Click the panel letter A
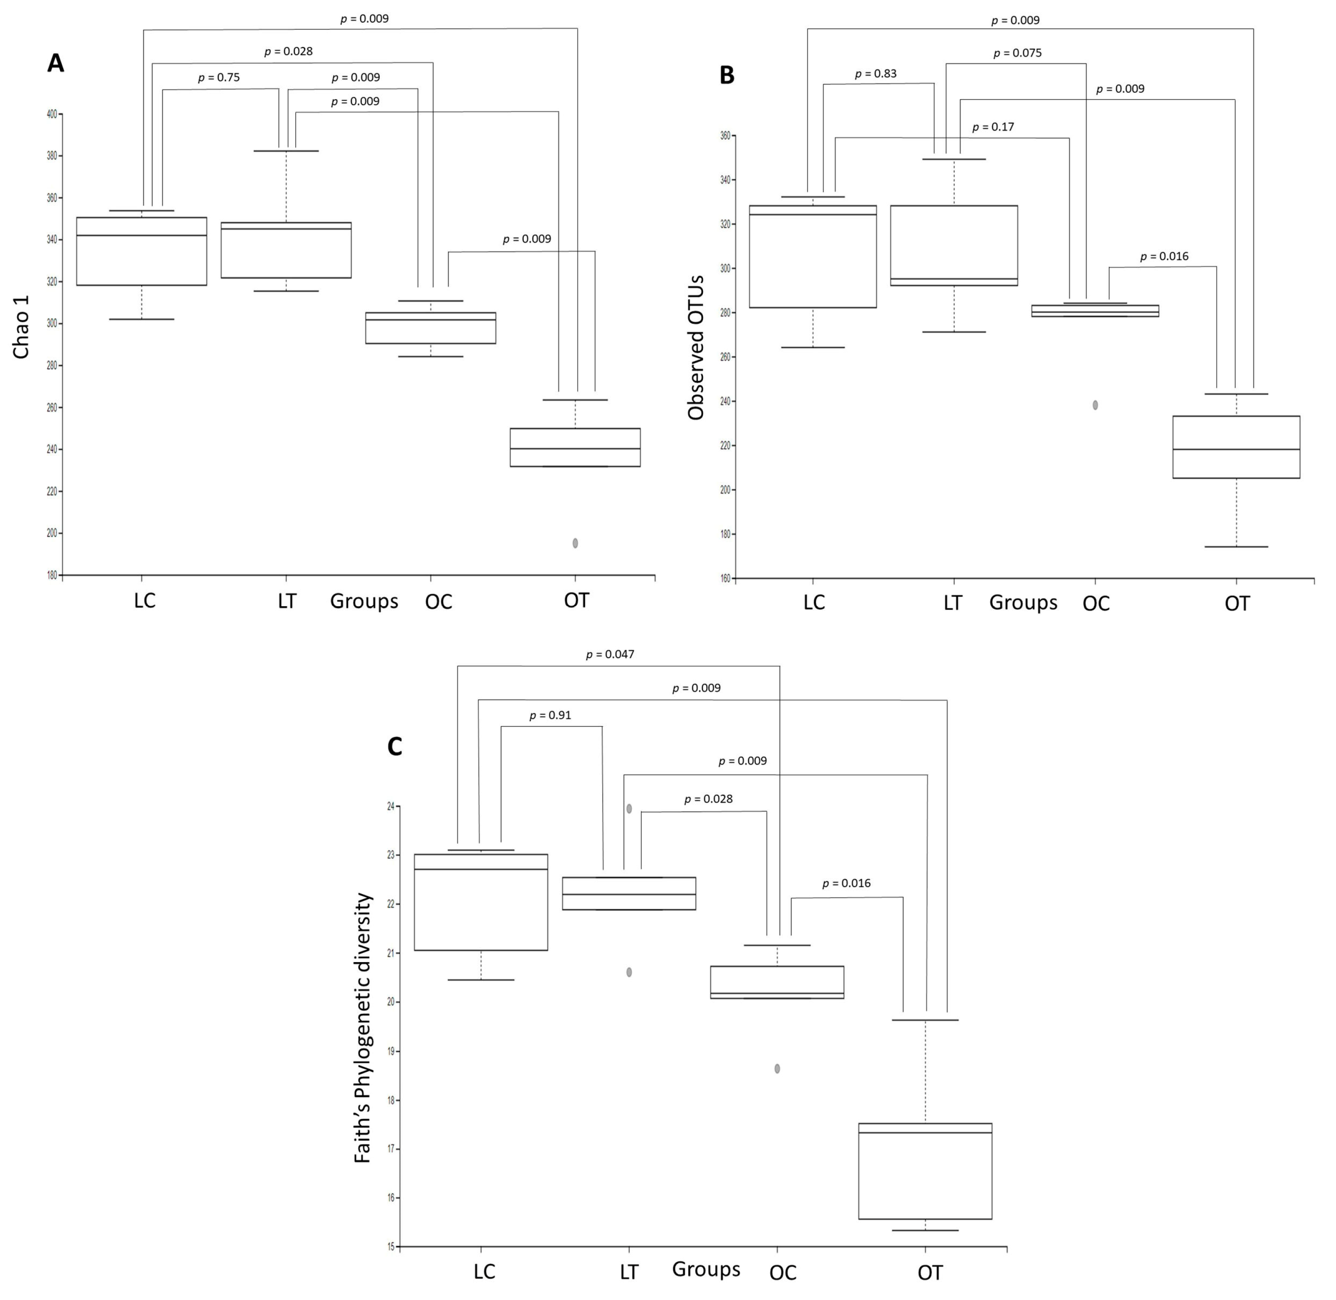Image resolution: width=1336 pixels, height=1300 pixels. (x=55, y=63)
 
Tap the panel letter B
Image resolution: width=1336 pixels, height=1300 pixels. (x=727, y=75)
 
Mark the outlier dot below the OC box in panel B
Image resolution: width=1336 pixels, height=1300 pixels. (x=1095, y=405)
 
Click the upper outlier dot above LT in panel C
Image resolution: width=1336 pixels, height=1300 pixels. (x=629, y=808)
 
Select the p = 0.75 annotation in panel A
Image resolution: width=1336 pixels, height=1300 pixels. (x=219, y=78)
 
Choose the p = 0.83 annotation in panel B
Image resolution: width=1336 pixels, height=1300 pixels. (x=875, y=74)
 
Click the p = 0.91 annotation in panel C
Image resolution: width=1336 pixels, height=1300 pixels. (x=550, y=716)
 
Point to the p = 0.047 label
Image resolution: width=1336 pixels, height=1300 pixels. (x=610, y=654)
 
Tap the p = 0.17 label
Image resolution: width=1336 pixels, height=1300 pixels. (x=993, y=127)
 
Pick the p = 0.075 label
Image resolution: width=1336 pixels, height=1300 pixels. (x=1017, y=53)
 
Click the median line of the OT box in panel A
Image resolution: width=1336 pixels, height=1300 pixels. (x=575, y=449)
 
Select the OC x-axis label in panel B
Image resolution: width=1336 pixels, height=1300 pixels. (x=1096, y=603)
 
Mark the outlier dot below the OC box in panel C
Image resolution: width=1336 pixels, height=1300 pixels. (x=777, y=1069)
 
